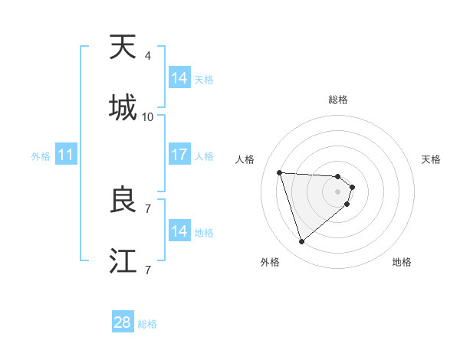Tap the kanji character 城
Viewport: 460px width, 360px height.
point(123,108)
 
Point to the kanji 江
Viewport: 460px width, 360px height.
point(123,261)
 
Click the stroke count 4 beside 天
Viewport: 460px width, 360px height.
point(148,56)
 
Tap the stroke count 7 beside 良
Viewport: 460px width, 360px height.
point(148,208)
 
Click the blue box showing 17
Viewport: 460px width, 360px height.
point(179,155)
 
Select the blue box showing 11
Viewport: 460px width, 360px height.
point(66,155)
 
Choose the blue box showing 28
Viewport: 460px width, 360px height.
point(123,322)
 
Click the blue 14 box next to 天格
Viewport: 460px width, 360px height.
point(179,78)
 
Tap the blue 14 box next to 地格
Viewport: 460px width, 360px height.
point(179,231)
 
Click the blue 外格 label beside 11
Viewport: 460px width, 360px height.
point(41,156)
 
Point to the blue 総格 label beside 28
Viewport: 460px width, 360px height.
point(147,324)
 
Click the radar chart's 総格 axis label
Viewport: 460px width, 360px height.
point(338,100)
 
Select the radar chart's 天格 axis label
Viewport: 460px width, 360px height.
point(432,159)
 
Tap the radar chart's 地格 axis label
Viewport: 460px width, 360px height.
point(402,262)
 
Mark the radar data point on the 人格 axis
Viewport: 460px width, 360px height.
point(280,172)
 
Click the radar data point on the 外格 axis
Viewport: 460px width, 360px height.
point(301,242)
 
